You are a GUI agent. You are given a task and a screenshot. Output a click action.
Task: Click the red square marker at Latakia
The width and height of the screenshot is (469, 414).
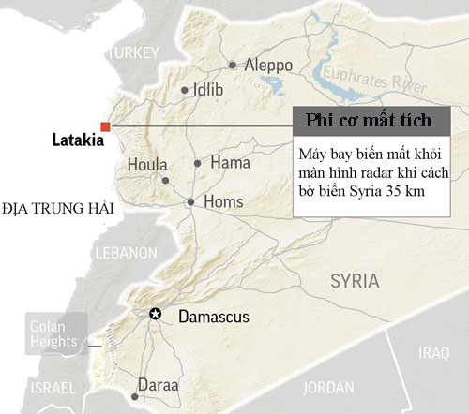106,126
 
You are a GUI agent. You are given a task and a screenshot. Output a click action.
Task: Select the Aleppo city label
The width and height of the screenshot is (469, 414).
268,66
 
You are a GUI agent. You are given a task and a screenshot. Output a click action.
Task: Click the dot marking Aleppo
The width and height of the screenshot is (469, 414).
233,66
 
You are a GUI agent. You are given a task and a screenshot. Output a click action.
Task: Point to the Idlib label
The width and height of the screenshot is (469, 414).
208,91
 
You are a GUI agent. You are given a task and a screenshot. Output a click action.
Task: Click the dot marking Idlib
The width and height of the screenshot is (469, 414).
184,91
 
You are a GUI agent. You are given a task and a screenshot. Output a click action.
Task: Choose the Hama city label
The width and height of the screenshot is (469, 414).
230,163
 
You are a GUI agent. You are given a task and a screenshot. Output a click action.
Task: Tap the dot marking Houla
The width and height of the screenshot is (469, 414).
165,180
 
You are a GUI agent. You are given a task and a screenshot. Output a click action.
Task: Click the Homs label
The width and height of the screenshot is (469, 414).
223,201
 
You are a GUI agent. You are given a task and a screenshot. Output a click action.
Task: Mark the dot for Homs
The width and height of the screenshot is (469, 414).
190,201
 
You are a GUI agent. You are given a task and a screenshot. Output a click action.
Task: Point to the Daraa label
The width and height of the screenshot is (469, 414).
158,384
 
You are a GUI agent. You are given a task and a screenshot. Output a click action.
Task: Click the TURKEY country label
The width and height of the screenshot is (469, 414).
134,55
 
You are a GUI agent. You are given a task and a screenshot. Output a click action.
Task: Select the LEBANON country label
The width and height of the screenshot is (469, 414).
124,253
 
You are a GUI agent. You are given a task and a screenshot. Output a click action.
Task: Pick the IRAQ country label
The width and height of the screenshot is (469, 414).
434,354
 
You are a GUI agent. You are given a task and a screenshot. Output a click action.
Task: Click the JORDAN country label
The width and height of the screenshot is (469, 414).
329,386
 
